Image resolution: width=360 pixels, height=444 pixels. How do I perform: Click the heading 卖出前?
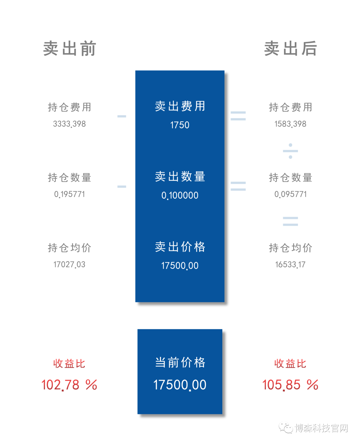69,48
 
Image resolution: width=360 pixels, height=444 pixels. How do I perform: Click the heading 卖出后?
290,48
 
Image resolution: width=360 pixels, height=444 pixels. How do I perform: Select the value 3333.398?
69,124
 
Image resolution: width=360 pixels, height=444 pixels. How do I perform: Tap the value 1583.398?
290,124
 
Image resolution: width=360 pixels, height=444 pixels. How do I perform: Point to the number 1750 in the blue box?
180,125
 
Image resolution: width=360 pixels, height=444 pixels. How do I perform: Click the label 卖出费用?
180,106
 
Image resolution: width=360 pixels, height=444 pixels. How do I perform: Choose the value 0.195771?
69,194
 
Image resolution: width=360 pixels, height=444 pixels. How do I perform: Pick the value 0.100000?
180,195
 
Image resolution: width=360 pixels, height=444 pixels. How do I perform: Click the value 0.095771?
290,194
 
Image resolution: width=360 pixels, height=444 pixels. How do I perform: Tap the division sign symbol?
290,151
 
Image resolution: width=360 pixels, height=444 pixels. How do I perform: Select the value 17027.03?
69,265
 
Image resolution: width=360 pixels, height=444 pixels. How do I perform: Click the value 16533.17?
290,265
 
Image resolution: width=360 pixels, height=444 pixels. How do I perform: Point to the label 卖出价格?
180,247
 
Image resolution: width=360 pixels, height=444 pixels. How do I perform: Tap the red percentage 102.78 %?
69,385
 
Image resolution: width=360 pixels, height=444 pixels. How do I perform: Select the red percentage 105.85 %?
290,385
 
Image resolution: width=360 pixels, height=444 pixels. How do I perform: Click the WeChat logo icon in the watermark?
286,428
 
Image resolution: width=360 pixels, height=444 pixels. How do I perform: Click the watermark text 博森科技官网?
321,428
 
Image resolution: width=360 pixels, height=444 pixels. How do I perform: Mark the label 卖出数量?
180,177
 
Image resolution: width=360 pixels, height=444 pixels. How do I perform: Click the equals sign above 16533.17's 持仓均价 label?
290,221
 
